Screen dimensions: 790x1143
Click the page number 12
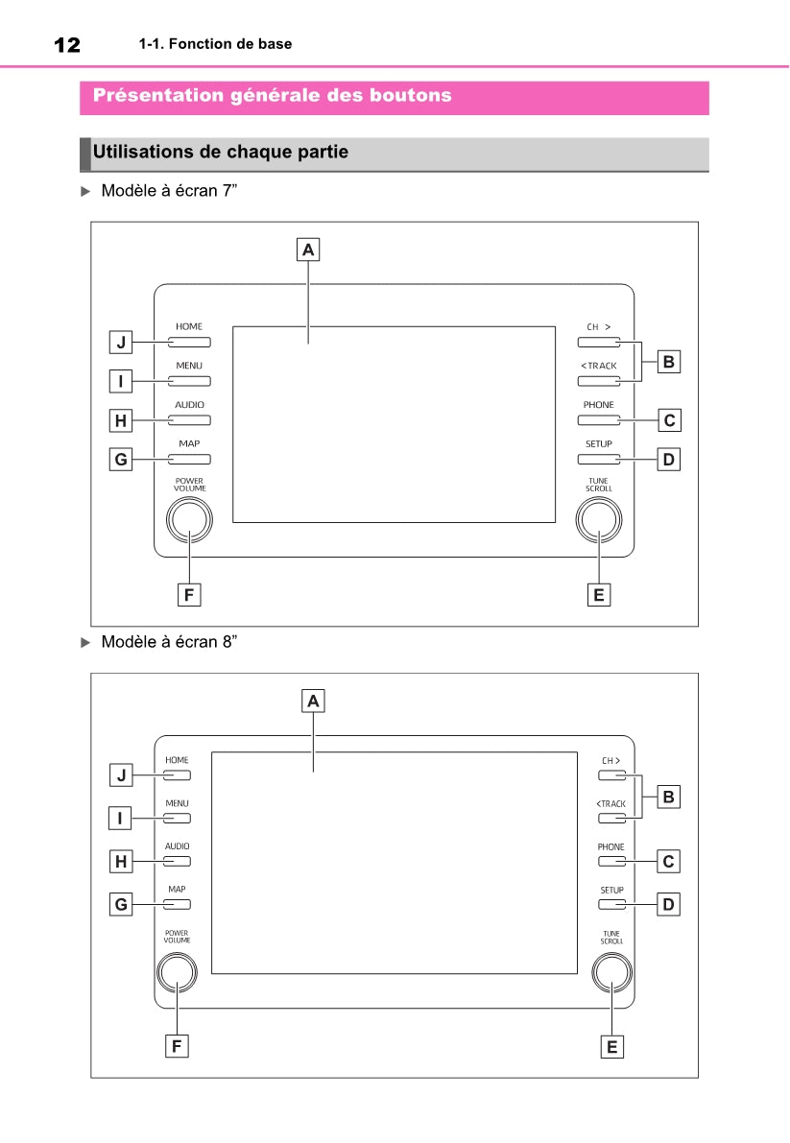(x=67, y=45)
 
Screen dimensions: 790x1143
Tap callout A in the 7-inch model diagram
(x=308, y=250)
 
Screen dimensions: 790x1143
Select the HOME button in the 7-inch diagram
(x=189, y=342)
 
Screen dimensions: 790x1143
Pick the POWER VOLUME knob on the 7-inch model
(x=189, y=520)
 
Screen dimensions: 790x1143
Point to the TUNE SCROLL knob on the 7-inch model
(x=599, y=520)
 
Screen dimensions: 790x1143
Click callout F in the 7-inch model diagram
(x=189, y=595)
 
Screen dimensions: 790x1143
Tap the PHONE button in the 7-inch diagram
(x=599, y=420)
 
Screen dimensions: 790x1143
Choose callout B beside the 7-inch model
(x=668, y=363)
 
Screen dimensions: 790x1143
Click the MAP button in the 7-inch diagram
(x=189, y=460)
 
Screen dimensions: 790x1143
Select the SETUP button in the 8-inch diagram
(x=612, y=904)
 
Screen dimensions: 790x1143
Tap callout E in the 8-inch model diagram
(x=612, y=1047)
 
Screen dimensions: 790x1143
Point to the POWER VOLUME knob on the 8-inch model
(x=177, y=972)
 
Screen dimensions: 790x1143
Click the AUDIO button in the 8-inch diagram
(x=177, y=861)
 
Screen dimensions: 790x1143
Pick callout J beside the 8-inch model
(x=121, y=774)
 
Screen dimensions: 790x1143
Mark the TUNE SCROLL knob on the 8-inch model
(x=612, y=972)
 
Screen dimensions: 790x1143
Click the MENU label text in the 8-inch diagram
(x=177, y=803)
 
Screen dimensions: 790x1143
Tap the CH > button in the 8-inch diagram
(x=612, y=774)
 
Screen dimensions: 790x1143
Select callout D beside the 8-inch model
(x=668, y=905)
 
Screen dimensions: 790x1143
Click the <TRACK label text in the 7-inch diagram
(x=599, y=366)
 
